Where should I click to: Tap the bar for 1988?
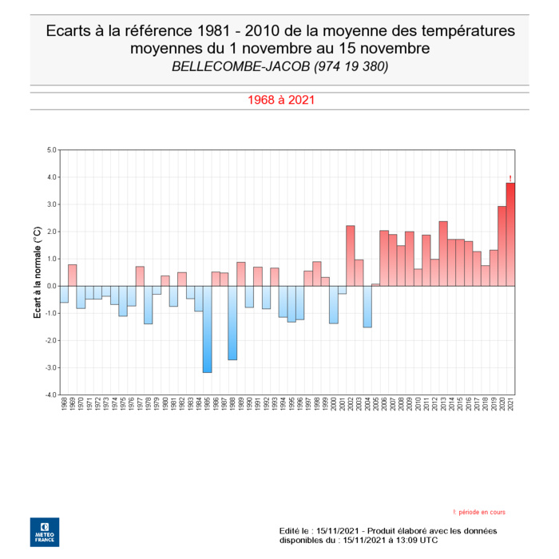tap(232, 323)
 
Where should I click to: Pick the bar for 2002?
tap(350, 256)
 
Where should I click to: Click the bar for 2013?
tap(443, 253)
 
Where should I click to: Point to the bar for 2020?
tap(502, 246)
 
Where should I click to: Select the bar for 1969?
tap(72, 275)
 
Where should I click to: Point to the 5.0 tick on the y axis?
tap(51, 150)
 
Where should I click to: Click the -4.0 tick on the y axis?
tap(50, 394)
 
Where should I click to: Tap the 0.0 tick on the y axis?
tap(51, 286)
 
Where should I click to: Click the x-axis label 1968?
tap(64, 406)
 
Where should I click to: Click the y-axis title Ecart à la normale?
tap(37, 272)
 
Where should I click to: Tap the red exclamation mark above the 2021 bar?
tap(510, 178)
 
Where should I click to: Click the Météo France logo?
tap(44, 532)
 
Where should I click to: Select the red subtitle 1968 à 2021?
tap(279, 101)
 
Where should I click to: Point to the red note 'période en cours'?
tap(479, 512)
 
